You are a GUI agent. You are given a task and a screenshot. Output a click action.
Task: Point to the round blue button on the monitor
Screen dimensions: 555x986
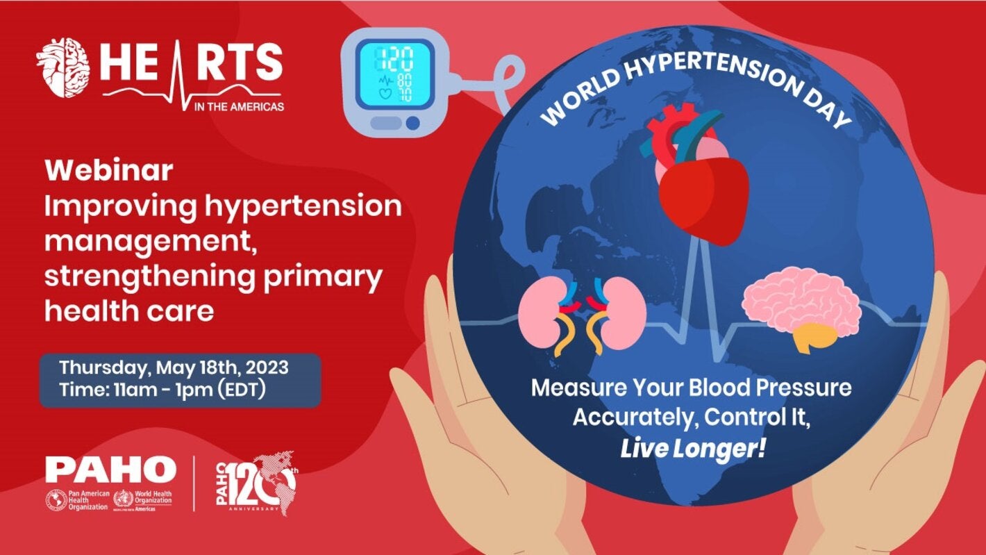click(412, 123)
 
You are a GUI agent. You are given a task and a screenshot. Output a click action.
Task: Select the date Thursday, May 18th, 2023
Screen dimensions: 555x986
click(174, 367)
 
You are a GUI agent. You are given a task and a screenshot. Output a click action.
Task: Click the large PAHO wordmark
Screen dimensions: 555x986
click(110, 470)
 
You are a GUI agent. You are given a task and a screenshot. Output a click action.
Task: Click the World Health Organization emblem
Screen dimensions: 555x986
click(123, 499)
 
